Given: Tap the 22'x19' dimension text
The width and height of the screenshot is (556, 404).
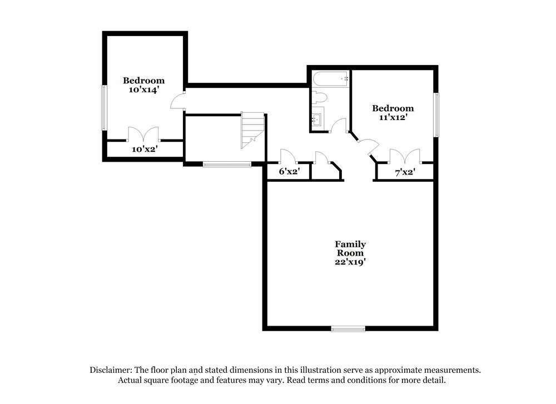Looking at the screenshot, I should (350, 262).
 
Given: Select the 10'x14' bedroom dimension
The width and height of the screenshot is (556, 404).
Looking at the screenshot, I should (144, 89).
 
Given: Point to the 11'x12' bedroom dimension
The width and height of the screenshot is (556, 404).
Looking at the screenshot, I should (393, 117).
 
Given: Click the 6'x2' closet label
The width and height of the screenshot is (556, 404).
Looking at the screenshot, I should (289, 172).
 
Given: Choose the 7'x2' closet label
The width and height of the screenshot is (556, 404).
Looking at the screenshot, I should (405, 172).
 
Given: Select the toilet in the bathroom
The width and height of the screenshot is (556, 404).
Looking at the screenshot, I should (319, 98).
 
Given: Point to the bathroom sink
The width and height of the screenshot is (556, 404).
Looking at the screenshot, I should (317, 119).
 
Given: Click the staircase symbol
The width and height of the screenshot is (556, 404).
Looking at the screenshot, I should (252, 129).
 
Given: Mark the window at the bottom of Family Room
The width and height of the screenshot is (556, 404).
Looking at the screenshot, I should (348, 328).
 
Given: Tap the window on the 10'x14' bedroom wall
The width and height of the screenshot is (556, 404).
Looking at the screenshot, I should (103, 107).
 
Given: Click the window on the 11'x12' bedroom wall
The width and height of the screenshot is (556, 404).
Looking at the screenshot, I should (436, 114).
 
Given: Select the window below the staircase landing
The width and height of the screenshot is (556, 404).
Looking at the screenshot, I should (227, 164).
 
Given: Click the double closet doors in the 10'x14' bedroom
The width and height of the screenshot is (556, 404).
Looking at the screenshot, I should (143, 134).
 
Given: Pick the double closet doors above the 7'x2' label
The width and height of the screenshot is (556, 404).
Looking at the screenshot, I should (405, 156).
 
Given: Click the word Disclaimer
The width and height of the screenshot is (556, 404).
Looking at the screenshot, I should (110, 370).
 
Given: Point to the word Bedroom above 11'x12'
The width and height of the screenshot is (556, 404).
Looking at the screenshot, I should (393, 108).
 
